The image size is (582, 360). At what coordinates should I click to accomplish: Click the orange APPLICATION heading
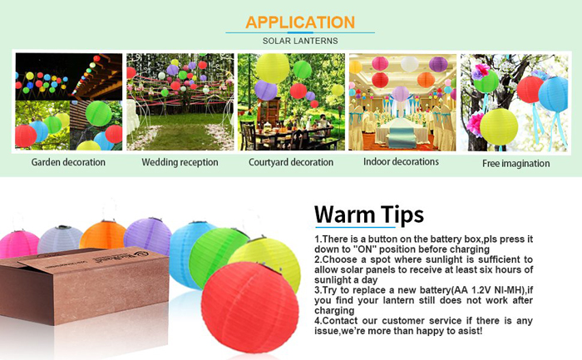300,22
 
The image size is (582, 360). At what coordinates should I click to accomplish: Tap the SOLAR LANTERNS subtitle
300,41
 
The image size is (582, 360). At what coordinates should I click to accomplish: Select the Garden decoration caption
68,162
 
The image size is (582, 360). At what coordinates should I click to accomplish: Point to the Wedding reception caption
180,162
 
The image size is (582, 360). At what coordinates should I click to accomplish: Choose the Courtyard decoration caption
291,162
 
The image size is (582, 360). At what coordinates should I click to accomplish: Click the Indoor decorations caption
401,161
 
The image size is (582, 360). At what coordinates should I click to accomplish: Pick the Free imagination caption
516,163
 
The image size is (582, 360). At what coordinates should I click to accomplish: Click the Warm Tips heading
369,215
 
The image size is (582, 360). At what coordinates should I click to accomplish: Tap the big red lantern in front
249,308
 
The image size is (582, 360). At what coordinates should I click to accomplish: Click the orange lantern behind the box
103,234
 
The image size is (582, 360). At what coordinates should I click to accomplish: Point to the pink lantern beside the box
18,244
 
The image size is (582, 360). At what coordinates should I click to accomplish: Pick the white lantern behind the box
59,239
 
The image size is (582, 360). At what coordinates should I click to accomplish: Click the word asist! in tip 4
471,331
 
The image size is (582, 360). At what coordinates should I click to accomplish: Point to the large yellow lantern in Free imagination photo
499,127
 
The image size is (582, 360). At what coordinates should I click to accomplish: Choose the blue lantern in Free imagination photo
553,95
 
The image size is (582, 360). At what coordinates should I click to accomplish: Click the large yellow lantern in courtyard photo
273,68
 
